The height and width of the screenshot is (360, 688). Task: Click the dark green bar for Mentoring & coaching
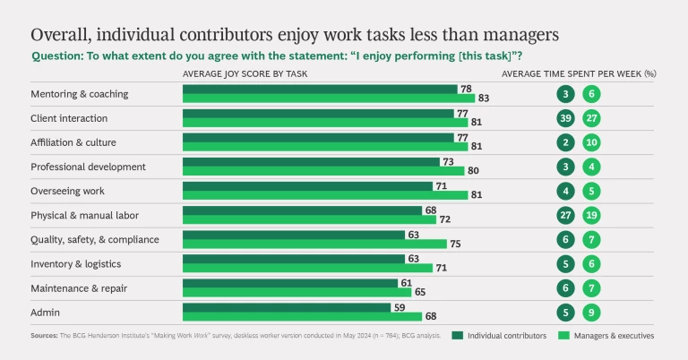tap(320, 89)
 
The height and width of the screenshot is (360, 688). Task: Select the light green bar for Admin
tap(302, 316)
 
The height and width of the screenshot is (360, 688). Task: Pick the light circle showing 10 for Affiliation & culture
tap(590, 142)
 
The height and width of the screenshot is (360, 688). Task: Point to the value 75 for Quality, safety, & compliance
tap(455, 244)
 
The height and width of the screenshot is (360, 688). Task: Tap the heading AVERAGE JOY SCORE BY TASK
tap(244, 73)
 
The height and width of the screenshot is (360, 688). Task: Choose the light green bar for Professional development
tap(323, 171)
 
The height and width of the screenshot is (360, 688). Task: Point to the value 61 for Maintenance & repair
tap(406, 282)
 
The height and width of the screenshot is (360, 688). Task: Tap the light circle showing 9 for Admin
tap(590, 312)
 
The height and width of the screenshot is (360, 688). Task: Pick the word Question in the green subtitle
tap(58, 56)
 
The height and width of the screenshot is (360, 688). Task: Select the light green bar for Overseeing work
tap(325, 195)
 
